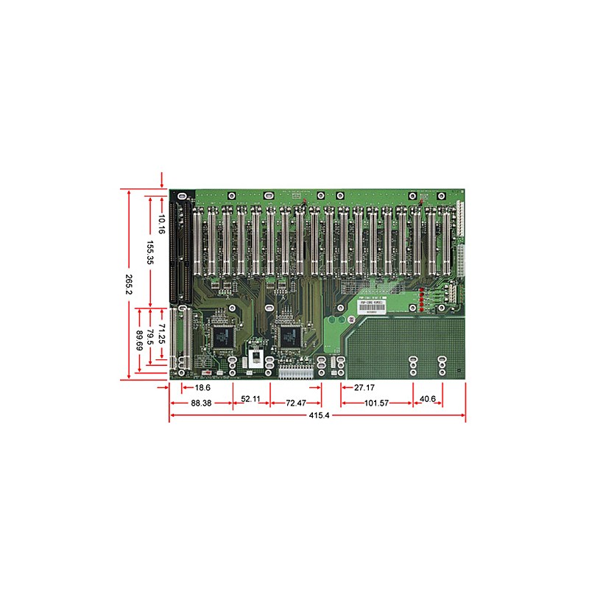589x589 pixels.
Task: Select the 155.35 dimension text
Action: click(150, 253)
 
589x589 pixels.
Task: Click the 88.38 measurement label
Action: click(201, 403)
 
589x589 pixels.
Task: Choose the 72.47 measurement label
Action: click(296, 403)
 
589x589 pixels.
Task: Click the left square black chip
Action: click(222, 336)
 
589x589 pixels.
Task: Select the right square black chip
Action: click(289, 336)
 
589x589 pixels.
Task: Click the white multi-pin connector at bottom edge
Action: click(296, 373)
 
